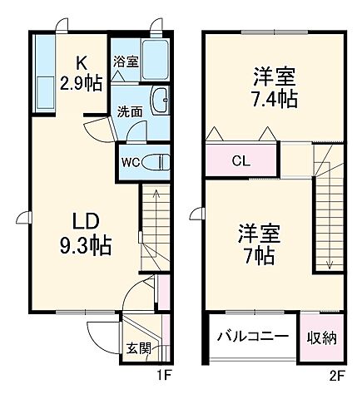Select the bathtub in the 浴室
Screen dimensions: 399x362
point(155,58)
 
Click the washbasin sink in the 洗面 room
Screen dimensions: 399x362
point(161,101)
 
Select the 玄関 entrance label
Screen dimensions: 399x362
point(138,348)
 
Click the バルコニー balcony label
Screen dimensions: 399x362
point(253,337)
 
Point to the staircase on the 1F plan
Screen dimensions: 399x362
point(152,224)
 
